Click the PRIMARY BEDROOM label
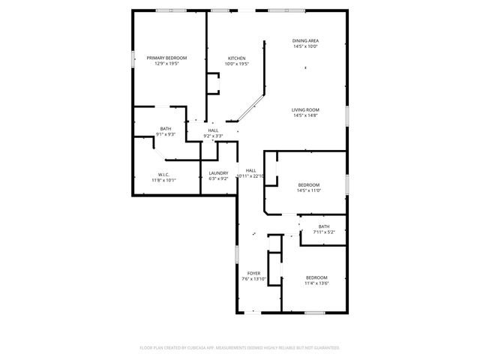point(166,58)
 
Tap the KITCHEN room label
point(237,58)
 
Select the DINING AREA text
point(305,40)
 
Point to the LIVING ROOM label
point(305,109)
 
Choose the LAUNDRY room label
point(218,173)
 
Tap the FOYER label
point(254,273)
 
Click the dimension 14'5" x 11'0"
point(309,190)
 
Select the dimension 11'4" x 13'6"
point(316,283)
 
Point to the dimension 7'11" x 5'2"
point(323,232)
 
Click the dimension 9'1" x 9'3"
point(166,134)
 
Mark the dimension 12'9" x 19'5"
point(166,64)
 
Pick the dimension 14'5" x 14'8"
point(305,115)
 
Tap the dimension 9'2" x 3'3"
point(214,136)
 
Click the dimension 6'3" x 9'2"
point(218,179)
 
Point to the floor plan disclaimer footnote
point(240,348)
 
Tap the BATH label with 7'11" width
point(323,226)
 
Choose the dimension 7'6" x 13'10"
point(254,279)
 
